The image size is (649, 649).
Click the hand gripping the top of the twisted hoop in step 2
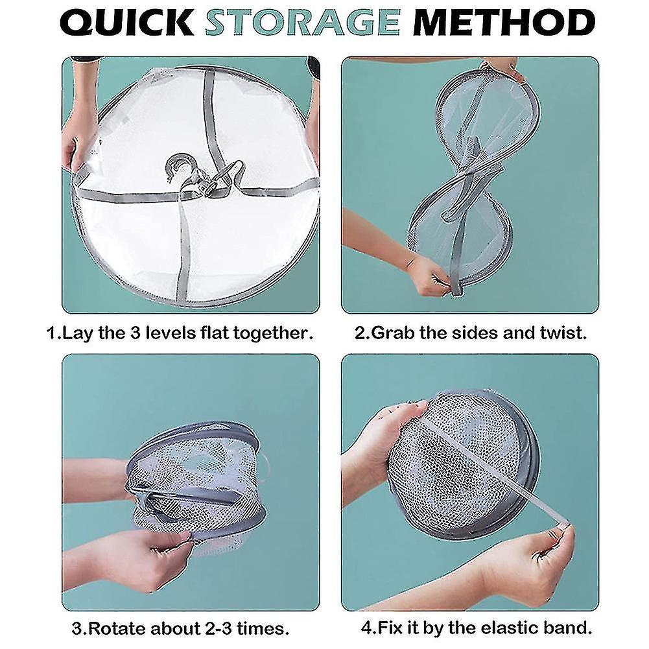[x=499, y=68]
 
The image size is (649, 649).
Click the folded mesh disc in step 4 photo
[x=464, y=464]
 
